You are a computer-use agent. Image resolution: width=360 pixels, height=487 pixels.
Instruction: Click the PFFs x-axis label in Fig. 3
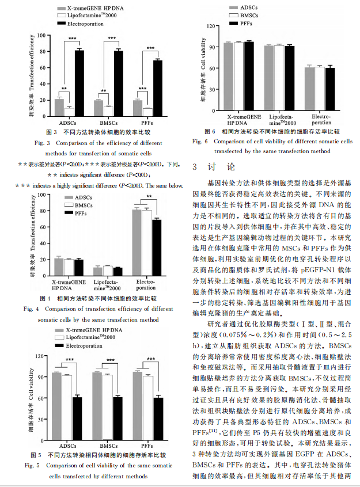click(147, 123)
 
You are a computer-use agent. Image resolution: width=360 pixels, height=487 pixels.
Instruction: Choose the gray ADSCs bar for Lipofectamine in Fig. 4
click(98, 271)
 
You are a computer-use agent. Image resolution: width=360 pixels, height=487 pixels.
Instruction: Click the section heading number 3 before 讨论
click(195, 167)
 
